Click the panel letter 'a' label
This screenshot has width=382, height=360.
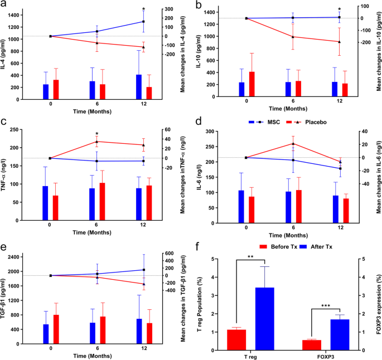(x=4, y=5)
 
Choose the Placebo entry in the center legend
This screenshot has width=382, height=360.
(x=306, y=121)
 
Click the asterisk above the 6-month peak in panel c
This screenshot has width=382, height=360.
(x=97, y=134)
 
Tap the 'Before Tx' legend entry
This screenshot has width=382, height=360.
(x=274, y=246)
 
